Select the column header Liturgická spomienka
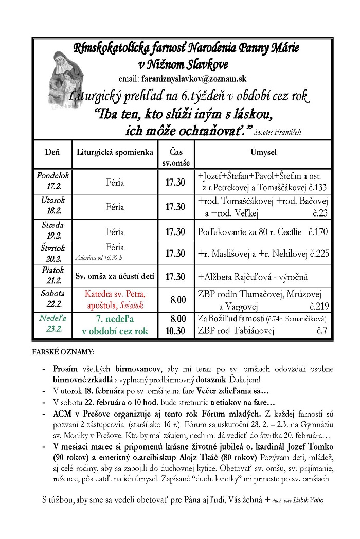pos(115,152)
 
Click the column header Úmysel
pos(264,152)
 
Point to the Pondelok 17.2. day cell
pos(52,181)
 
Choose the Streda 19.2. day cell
pos(52,230)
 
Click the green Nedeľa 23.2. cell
pos(52,325)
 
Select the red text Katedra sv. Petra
pos(115,294)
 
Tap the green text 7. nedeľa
pos(115,319)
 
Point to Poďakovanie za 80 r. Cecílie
pos(253,231)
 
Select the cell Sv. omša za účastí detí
pos(115,276)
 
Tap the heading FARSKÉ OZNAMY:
pos(63,353)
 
